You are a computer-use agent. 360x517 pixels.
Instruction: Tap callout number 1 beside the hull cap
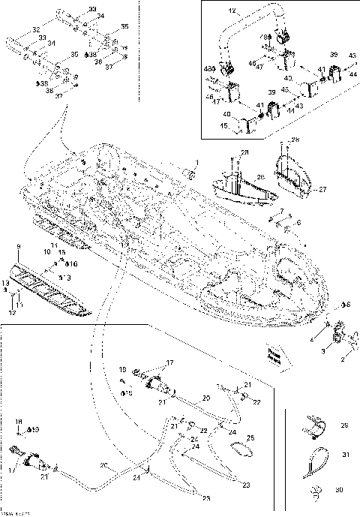(x=197, y=162)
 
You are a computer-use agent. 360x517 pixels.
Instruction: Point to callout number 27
(x=323, y=189)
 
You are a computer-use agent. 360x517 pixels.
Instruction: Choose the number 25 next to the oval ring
(x=250, y=437)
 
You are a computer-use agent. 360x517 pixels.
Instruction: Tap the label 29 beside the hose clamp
(x=344, y=425)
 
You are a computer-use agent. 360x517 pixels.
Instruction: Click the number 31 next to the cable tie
(x=344, y=455)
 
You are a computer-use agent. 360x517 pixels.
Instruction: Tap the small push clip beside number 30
(x=316, y=492)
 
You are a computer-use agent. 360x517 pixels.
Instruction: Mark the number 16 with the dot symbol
(x=73, y=264)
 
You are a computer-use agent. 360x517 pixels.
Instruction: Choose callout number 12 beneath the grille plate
(x=12, y=311)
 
